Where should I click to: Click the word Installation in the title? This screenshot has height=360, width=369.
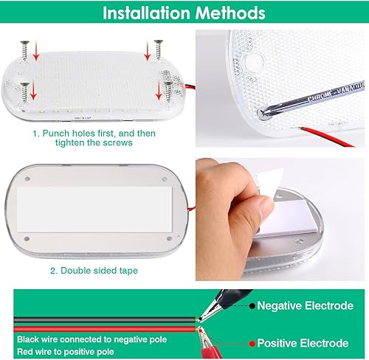pyautogui.click(x=139, y=13)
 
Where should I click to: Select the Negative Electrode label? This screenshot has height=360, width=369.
pyautogui.click(x=303, y=305)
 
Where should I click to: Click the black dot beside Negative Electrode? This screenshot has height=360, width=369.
pyautogui.click(x=252, y=305)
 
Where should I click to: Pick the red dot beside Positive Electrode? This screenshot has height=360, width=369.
pyautogui.click(x=252, y=343)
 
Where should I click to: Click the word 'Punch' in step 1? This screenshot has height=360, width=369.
pyautogui.click(x=57, y=134)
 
